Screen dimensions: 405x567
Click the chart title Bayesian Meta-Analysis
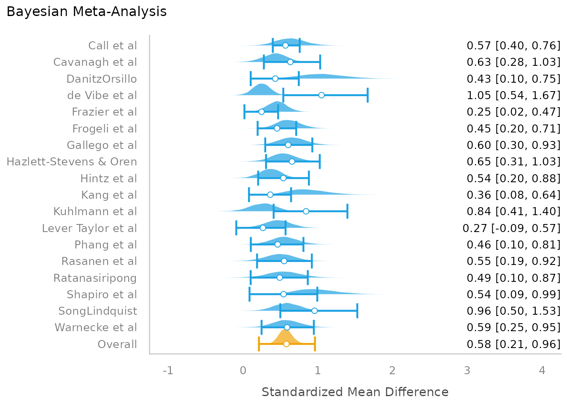tap(86, 12)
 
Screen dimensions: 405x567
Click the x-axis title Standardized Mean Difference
tap(355, 392)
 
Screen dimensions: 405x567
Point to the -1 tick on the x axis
tap(168, 371)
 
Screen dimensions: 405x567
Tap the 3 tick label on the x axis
tap(467, 371)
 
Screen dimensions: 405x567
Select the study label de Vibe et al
tap(102, 95)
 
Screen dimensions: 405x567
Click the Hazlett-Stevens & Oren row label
tap(72, 162)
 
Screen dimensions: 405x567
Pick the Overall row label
tap(117, 344)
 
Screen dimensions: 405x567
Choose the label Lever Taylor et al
tap(89, 228)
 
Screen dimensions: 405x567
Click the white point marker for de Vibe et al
tap(321, 95)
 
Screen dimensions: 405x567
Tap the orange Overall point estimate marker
tap(286, 344)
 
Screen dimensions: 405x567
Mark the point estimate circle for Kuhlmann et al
tap(306, 211)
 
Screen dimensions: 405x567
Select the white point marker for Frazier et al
tap(261, 112)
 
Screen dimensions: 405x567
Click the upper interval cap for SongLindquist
tap(357, 311)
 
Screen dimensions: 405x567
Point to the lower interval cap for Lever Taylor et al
tap(236, 228)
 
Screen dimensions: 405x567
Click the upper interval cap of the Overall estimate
tap(315, 344)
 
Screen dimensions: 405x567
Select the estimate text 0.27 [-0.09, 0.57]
tap(511, 228)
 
